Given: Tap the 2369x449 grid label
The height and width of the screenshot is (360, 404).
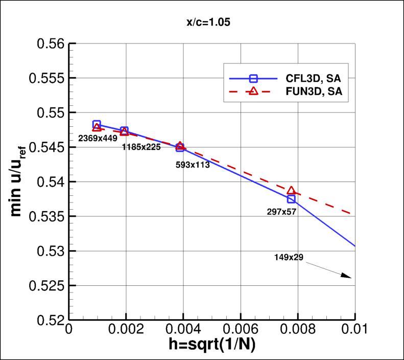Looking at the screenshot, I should pos(98,138).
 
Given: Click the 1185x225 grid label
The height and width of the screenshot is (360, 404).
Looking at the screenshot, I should pos(141,147).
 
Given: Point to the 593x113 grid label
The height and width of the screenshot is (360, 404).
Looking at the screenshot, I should pos(193,165).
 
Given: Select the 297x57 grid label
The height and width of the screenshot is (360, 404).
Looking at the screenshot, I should pos(281,211).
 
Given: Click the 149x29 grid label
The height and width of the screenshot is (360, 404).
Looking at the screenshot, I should pos(289,257).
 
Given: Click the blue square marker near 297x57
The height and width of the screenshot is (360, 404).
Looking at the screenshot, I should pos(291,199).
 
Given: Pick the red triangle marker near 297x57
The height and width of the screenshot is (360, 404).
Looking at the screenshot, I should pos(291,191).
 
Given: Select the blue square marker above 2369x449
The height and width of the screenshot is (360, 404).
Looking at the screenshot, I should pos(97,124).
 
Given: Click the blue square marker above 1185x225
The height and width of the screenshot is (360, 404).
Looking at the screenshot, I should pos(124,131).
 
